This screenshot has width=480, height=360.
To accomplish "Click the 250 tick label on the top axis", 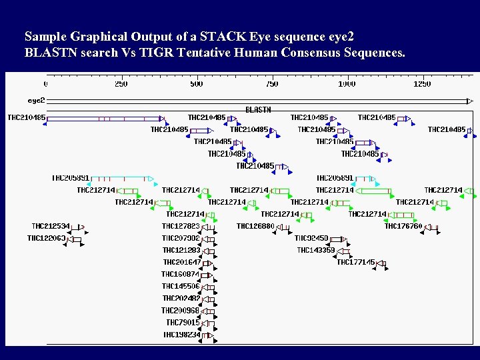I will click(121, 84).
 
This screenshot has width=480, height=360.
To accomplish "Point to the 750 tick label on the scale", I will click(272, 84).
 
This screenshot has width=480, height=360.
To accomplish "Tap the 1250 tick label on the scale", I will click(422, 84).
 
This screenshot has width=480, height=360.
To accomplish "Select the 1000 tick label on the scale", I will click(347, 84).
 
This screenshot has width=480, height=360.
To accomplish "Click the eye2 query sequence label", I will click(36, 101).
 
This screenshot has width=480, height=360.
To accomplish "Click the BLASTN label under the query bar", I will click(258, 109).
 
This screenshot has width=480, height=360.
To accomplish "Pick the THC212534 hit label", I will click(51, 227).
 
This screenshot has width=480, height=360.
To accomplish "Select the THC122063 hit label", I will click(46, 239).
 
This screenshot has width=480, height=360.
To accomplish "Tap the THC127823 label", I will click(181, 227).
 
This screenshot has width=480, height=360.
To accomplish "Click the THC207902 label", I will click(181, 239).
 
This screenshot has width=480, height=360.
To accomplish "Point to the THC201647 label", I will click(181, 263).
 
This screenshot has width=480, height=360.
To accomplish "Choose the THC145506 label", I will click(181, 287).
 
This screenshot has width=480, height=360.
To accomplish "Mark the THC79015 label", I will click(183, 323).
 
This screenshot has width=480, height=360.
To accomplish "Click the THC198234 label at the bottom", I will click(181, 335).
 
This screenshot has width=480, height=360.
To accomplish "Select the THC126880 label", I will click(255, 227).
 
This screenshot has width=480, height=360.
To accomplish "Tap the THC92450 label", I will click(311, 239).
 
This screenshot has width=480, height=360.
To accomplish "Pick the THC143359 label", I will click(316, 251).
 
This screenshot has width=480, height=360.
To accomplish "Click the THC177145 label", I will click(356, 263).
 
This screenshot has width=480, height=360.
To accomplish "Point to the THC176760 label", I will click(403, 227).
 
